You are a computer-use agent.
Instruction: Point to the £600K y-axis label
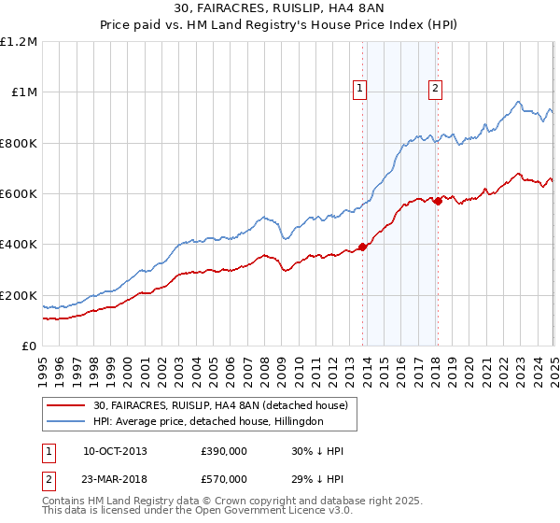pyautogui.click(x=19, y=194)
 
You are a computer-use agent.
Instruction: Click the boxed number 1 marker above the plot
pyautogui.click(x=360, y=89)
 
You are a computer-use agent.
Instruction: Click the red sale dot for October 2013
pyautogui.click(x=362, y=247)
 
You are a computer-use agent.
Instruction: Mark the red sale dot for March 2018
pyautogui.click(x=438, y=201)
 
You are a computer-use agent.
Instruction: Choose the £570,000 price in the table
pyautogui.click(x=224, y=478)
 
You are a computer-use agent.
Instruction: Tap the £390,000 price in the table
pyautogui.click(x=224, y=451)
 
